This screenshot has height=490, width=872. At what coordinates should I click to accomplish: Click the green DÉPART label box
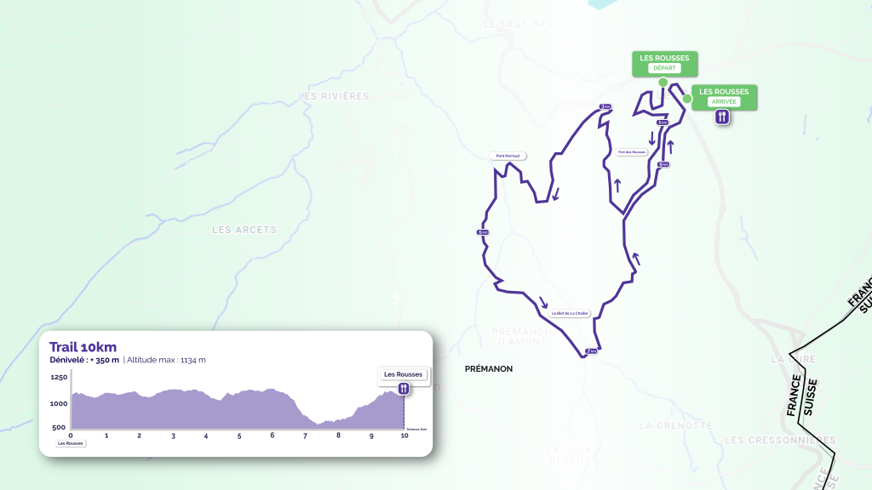[664, 63]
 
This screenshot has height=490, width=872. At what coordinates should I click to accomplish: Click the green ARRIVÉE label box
[724, 96]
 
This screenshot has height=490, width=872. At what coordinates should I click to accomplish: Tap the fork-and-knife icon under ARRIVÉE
[722, 117]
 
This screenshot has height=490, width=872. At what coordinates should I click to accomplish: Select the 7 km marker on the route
[589, 351]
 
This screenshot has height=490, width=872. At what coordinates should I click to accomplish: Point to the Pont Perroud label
[508, 156]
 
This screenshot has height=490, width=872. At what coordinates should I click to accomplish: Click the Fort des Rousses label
[631, 152]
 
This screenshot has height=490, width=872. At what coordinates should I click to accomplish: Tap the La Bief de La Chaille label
[570, 313]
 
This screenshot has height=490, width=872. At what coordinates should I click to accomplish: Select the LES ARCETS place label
[244, 230]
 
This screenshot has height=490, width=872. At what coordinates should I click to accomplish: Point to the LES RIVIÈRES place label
[334, 96]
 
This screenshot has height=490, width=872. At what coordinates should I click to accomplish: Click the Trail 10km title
[83, 346]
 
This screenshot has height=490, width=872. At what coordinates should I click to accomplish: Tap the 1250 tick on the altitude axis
[59, 377]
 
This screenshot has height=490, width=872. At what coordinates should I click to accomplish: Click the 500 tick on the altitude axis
[59, 427]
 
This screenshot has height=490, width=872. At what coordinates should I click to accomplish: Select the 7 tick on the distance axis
[305, 436]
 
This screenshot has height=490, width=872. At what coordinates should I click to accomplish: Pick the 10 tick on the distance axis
[404, 436]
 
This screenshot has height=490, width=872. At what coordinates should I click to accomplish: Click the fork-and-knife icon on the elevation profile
[404, 388]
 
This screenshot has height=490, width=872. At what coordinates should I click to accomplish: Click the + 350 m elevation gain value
[104, 360]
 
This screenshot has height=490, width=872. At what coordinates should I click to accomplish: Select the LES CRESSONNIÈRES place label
[780, 440]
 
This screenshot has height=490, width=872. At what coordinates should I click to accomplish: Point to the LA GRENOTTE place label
[675, 425]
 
